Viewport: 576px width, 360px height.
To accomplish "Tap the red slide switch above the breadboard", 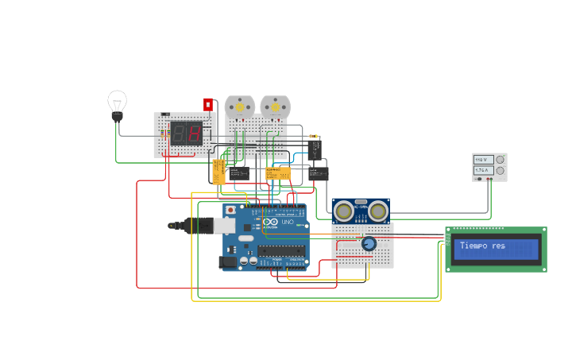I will [207, 104].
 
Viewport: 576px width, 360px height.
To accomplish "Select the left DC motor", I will [238, 106].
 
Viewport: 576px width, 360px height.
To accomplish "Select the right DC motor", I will [275, 106].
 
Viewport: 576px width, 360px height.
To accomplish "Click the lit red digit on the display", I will [195, 134].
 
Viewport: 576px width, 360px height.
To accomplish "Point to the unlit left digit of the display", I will [180, 134].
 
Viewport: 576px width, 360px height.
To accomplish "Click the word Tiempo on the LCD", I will [474, 246].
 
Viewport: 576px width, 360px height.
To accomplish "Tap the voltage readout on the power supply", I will [481, 160].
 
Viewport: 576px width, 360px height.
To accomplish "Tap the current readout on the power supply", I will [481, 170].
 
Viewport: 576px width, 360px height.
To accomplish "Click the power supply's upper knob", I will [500, 160].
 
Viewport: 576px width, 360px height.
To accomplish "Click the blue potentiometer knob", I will [369, 244].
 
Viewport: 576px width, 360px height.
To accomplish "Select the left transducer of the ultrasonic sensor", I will [344, 211].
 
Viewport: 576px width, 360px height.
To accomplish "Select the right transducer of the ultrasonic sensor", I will [378, 211].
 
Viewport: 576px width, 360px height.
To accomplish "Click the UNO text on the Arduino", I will [287, 222].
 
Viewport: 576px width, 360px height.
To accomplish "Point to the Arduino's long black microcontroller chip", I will [280, 250].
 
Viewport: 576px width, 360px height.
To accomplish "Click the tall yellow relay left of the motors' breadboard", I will [218, 172].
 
